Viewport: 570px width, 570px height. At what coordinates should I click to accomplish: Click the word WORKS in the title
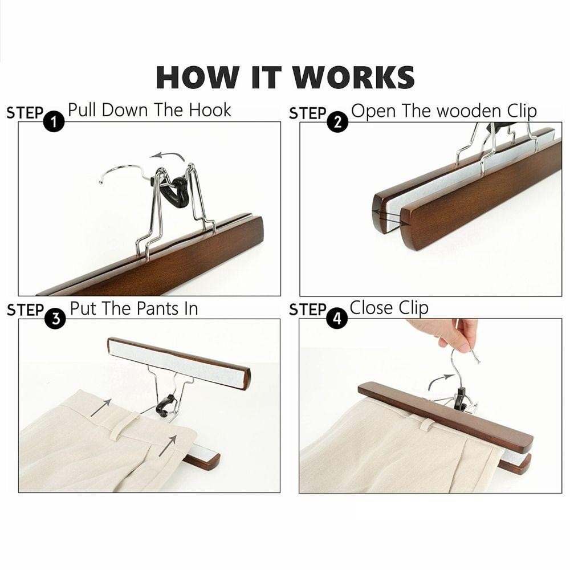point(353,77)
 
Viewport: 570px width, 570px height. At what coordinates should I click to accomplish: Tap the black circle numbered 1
point(54,121)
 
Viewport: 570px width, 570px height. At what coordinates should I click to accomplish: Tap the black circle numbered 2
point(337,122)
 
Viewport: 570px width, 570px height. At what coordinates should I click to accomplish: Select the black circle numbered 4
point(337,319)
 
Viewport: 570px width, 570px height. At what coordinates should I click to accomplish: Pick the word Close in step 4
point(372,308)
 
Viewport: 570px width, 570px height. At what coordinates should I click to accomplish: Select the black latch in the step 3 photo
point(164,406)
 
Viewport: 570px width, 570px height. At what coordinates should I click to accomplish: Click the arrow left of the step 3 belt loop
point(101,407)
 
